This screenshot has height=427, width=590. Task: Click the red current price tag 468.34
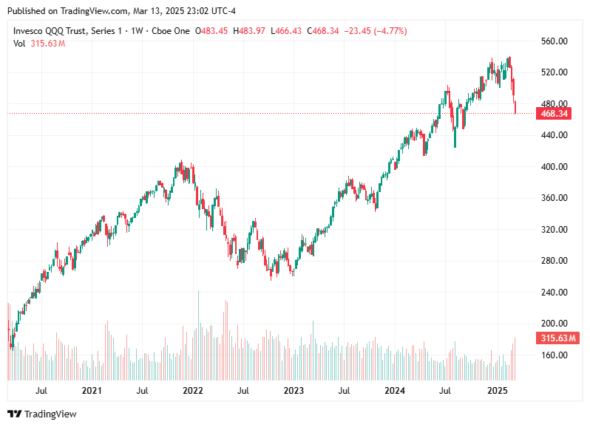(554, 114)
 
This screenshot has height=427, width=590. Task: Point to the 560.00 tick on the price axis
(554, 41)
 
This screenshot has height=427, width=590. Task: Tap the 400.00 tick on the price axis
(554, 167)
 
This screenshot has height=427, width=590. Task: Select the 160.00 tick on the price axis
(554, 355)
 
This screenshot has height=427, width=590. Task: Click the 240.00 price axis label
(554, 293)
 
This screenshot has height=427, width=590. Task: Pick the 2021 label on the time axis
(92, 390)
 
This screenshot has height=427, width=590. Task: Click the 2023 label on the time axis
(294, 390)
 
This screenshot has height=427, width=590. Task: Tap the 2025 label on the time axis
(497, 390)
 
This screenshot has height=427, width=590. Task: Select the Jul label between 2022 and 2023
(243, 390)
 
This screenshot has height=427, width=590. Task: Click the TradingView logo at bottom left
(42, 414)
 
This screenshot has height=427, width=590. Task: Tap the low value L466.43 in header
(288, 31)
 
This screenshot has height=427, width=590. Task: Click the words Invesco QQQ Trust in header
(50, 31)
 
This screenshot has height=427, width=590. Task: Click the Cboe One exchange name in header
(172, 31)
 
